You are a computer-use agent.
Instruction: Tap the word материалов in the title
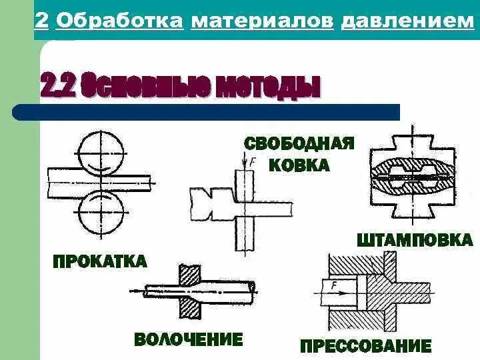click(262, 21)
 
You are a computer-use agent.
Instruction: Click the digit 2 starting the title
click(41, 21)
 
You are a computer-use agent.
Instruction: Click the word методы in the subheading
click(267, 87)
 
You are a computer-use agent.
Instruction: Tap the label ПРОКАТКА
click(99, 261)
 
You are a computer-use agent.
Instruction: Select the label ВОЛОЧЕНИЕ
click(189, 339)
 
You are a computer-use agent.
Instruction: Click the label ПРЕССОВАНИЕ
click(366, 347)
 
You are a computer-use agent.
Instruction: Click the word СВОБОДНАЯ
click(298, 144)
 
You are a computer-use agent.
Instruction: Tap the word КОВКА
click(299, 165)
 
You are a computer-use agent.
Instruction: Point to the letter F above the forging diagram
click(253, 161)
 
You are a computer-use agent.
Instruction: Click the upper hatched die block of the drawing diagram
click(189, 273)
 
